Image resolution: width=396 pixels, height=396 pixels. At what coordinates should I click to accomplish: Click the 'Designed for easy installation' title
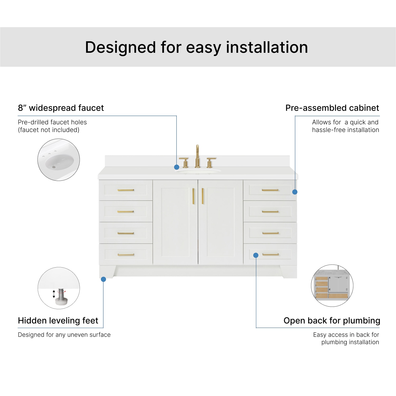pyautogui.click(x=197, y=47)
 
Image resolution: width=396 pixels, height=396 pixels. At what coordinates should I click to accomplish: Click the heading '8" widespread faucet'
pyautogui.click(x=61, y=108)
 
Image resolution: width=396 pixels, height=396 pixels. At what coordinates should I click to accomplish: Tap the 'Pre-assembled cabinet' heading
pyautogui.click(x=332, y=108)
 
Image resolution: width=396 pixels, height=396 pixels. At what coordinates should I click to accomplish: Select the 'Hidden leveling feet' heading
pyautogui.click(x=58, y=321)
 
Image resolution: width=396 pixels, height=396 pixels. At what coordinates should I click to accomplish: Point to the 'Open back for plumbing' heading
pyautogui.click(x=332, y=321)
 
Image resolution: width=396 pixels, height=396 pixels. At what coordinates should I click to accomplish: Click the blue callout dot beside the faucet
pyautogui.click(x=177, y=167)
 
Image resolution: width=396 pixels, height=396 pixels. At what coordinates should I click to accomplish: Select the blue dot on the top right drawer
pyautogui.click(x=295, y=192)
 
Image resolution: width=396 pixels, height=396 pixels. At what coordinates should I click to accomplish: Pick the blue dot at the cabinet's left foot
pyautogui.click(x=103, y=279)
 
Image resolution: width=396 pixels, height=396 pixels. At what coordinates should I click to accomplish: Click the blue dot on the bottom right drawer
pyautogui.click(x=256, y=255)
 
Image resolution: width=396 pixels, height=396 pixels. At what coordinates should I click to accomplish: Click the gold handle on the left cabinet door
pyautogui.click(x=193, y=196)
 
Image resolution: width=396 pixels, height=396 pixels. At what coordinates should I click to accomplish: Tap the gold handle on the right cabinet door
pyautogui.click(x=203, y=196)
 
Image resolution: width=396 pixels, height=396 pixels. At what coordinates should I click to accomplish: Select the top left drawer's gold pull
pyautogui.click(x=126, y=190)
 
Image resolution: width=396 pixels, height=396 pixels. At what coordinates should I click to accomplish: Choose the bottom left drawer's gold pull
pyautogui.click(x=126, y=255)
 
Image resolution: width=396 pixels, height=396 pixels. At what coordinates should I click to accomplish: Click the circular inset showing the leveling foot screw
pyautogui.click(x=59, y=288)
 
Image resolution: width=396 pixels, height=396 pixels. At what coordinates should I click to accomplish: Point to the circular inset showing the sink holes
pyautogui.click(x=59, y=160)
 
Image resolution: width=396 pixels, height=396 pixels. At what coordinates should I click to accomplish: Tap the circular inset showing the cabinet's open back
pyautogui.click(x=332, y=286)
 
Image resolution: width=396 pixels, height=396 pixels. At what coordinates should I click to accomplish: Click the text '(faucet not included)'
pyautogui.click(x=49, y=130)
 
